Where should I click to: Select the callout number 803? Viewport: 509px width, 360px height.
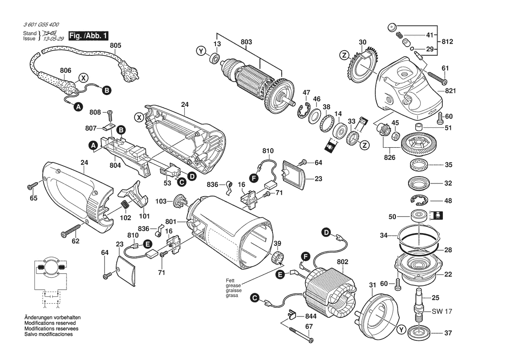tap(246, 42)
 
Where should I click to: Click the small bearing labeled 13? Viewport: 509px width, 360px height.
tap(215, 59)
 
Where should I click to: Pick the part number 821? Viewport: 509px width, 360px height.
tap(450, 91)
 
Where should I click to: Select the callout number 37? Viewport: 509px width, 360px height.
tap(448, 333)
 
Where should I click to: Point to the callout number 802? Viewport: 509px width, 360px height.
tap(342, 262)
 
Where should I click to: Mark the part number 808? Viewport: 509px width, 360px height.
tap(95, 112)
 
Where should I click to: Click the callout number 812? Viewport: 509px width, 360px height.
tap(447, 42)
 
